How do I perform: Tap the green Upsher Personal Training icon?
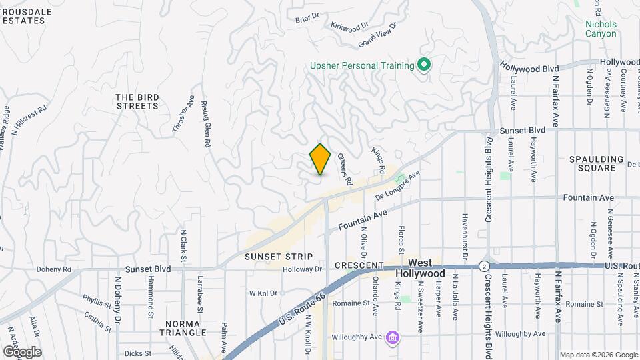pos(423,65)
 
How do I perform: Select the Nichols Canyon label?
pos(601,29)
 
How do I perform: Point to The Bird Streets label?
pos(138,101)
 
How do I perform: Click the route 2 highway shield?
pos(481,266)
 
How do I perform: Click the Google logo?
pos(22,351)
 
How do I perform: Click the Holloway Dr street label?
pos(303,269)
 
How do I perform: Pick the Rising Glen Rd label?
pos(206,124)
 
